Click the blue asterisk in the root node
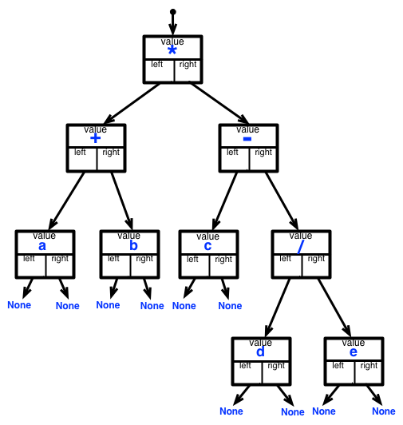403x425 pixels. [x=172, y=50]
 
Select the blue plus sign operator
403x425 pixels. [x=95, y=138]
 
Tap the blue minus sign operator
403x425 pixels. [x=247, y=139]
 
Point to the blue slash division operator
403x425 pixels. [x=301, y=247]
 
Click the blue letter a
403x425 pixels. [x=42, y=246]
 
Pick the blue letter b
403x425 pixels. [x=133, y=245]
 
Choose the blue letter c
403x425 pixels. [x=207, y=246]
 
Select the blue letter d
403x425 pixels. [x=260, y=352]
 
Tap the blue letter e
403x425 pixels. [x=354, y=352]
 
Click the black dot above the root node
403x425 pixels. [x=173, y=12]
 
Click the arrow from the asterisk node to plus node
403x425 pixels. [x=132, y=104]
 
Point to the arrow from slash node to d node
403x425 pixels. [x=278, y=308]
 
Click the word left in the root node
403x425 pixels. [x=157, y=64]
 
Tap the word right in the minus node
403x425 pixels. [x=263, y=153]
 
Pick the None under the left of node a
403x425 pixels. [x=19, y=305]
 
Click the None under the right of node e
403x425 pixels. [x=384, y=411]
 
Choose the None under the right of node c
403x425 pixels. [x=230, y=306]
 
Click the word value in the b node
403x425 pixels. [x=129, y=235]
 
